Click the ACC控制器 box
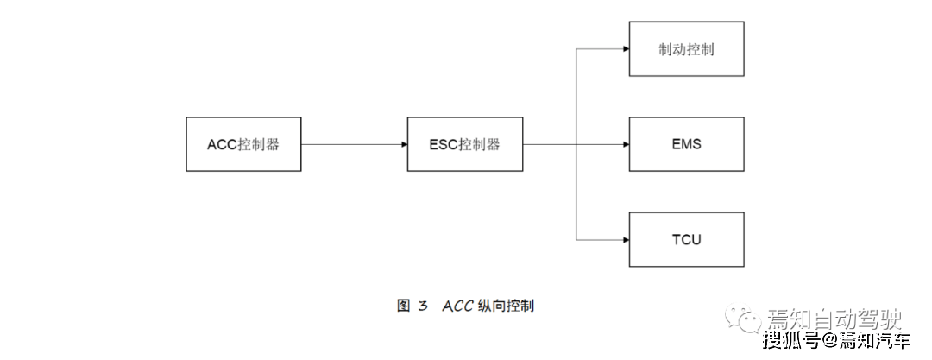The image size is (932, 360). pyautogui.click(x=244, y=144)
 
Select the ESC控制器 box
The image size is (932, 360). pyautogui.click(x=464, y=144)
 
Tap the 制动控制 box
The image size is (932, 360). pyautogui.click(x=686, y=49)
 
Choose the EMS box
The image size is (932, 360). pyautogui.click(x=686, y=144)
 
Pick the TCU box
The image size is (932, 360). pyautogui.click(x=686, y=239)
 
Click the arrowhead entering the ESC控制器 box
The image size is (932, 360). pyautogui.click(x=403, y=144)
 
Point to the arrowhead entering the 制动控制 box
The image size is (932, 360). pyautogui.click(x=625, y=49)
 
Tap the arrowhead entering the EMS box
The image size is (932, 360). pyautogui.click(x=625, y=144)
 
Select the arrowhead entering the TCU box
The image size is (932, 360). pyautogui.click(x=625, y=239)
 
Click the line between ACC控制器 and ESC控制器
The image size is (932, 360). pyautogui.click(x=354, y=144)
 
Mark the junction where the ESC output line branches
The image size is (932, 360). pyautogui.click(x=576, y=144)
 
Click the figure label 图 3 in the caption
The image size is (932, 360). pyautogui.click(x=412, y=306)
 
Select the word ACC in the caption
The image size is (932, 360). pyautogui.click(x=459, y=306)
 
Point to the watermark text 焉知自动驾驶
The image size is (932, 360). pyautogui.click(x=829, y=319)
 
